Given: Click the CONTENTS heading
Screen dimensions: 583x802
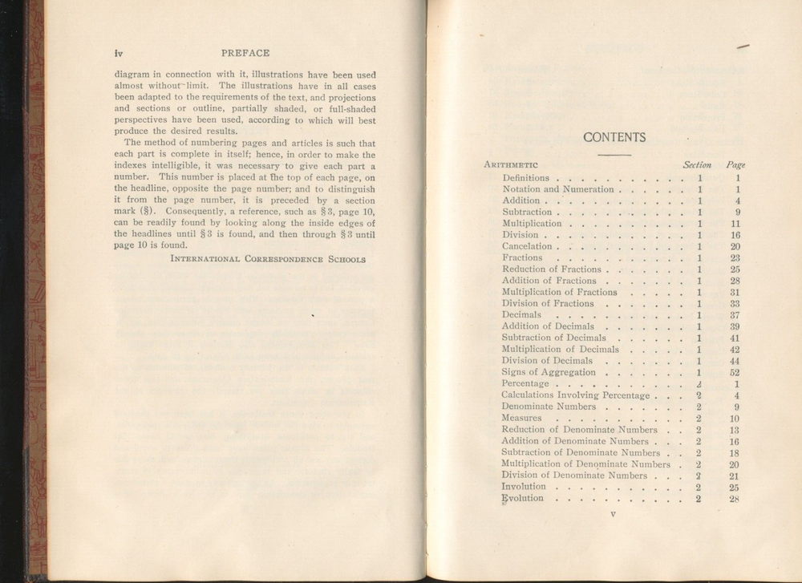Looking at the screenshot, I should (x=615, y=137).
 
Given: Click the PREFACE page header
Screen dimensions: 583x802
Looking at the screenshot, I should (x=245, y=53).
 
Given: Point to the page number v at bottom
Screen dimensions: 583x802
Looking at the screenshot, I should (x=613, y=515).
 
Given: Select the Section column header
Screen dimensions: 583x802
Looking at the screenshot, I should (x=697, y=164).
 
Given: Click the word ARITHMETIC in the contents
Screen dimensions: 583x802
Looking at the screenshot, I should (x=511, y=165).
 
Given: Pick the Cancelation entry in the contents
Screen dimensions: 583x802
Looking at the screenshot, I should (x=527, y=246).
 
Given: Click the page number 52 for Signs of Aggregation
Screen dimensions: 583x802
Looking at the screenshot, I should (x=735, y=372).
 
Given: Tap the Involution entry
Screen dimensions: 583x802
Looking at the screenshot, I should (x=523, y=487).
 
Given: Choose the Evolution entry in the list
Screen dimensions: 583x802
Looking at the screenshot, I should (x=522, y=498).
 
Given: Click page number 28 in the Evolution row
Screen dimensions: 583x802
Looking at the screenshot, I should (x=734, y=499).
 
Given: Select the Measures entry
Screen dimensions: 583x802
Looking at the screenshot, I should (x=521, y=418).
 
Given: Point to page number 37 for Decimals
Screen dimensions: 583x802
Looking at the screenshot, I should (x=735, y=315).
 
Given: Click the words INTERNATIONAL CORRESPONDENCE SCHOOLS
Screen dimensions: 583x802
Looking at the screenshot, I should (x=269, y=259).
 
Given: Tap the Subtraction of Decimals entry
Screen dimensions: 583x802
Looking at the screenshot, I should (x=553, y=338).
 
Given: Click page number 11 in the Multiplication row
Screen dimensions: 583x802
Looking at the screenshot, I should (x=735, y=224).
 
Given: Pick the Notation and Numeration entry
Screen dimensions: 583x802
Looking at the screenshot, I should (x=557, y=189).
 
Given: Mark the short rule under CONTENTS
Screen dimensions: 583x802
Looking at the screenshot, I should (x=615, y=153).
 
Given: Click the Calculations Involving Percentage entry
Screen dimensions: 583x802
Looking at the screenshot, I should (x=575, y=395).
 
